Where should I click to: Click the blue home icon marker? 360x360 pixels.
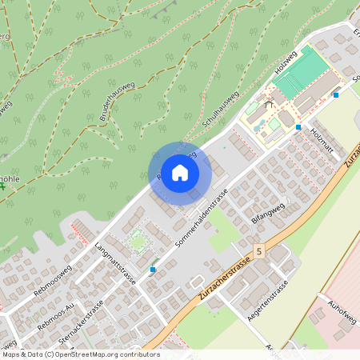click(x=180, y=173)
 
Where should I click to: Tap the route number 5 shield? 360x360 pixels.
click(x=259, y=251)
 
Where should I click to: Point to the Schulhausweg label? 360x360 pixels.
click(x=222, y=110)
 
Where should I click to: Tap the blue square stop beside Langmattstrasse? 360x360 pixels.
click(x=153, y=270)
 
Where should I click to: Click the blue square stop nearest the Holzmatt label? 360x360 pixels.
click(x=298, y=127)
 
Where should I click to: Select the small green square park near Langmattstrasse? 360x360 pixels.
click(x=138, y=238)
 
